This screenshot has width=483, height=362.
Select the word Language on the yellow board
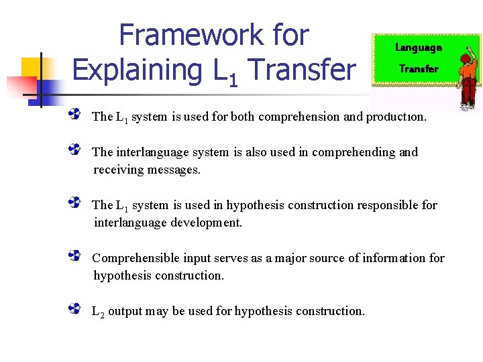point(418,48)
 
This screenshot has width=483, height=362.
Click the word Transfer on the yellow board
point(418,68)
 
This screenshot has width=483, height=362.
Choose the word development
point(204,223)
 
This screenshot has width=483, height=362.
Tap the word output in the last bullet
point(125,311)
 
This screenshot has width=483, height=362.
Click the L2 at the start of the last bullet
point(98,312)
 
